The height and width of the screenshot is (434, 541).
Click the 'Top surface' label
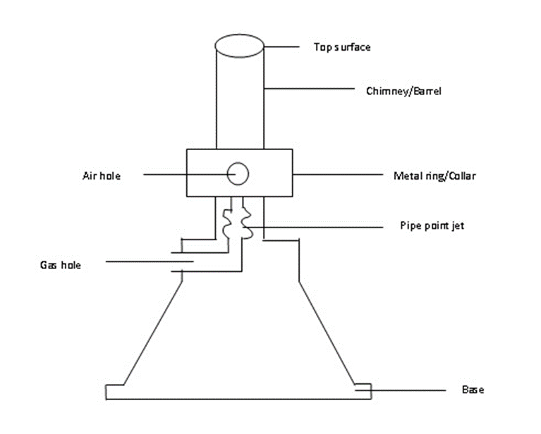coord(342,47)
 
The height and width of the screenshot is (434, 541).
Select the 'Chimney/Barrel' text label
coord(403,91)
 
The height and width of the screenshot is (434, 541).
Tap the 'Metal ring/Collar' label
coord(434,176)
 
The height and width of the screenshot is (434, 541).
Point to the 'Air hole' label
coord(102,176)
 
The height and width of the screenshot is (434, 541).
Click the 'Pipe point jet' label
coord(432,225)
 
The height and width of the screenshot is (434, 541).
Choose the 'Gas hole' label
coord(61,265)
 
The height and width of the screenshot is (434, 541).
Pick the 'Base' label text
coord(473,390)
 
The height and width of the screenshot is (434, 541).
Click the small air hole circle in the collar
coord(238,163)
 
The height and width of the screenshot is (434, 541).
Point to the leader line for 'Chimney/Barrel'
coord(310,89)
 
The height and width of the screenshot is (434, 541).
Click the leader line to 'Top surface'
coord(281,46)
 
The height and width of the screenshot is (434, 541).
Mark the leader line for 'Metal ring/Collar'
coord(338,175)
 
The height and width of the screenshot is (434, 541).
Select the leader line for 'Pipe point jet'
coord(313,227)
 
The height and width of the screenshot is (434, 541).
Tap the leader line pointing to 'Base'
coord(401,390)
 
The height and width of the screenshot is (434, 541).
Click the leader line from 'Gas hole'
coord(150,261)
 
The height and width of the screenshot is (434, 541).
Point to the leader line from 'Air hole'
coord(190,175)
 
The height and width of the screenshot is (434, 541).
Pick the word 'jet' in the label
coord(458,225)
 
